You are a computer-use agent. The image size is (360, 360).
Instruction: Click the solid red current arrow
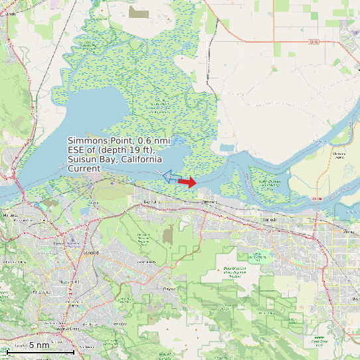point(188,182)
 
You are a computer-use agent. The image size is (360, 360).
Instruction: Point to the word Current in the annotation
point(84,169)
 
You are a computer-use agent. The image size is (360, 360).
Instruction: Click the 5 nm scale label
point(39,345)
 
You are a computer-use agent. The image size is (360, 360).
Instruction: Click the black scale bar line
point(40,352)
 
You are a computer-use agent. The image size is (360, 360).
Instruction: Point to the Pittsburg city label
point(209,200)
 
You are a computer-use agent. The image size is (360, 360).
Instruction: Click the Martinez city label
point(9,215)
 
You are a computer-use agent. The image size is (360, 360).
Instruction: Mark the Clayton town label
point(169,289)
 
